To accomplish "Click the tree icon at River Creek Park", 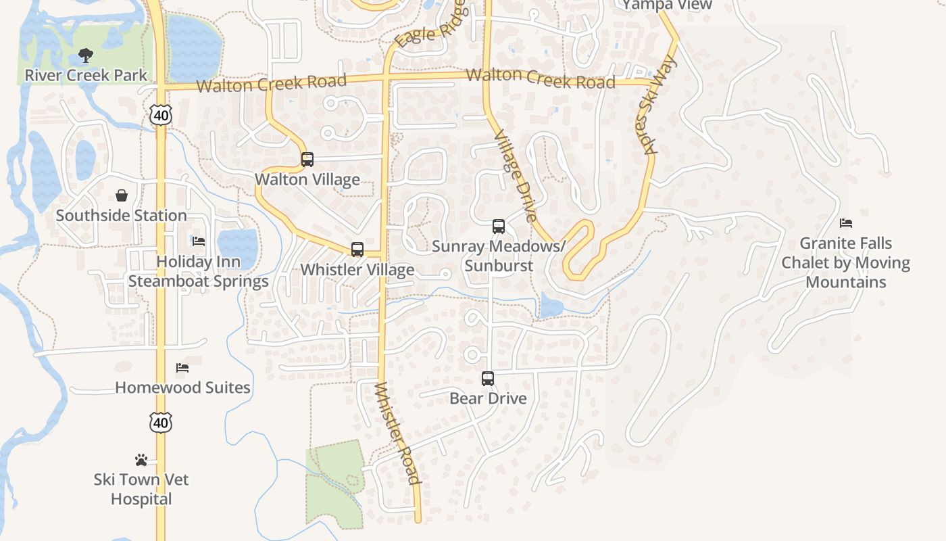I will (x=85, y=55).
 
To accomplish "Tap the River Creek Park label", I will (x=86, y=75).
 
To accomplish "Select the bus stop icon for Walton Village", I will (x=307, y=160).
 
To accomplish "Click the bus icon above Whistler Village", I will (x=357, y=250).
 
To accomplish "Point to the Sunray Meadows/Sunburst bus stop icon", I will (x=499, y=227).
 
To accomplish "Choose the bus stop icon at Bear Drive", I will (x=488, y=379).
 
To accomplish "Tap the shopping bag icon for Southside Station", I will (x=122, y=196).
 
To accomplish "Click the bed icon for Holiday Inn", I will (x=199, y=241).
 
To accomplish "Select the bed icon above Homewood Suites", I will (x=182, y=368).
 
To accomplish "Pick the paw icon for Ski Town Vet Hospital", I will (x=141, y=460).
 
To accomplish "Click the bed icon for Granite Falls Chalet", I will (x=846, y=223).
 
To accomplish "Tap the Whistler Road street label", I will (x=398, y=433).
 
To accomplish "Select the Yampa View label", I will (x=667, y=5).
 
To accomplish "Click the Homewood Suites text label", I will (x=182, y=387).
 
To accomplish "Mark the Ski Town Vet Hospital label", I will (x=141, y=489).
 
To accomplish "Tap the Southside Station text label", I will (x=122, y=216).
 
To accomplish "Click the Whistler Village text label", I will (x=357, y=269).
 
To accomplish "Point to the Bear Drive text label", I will (x=488, y=398).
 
